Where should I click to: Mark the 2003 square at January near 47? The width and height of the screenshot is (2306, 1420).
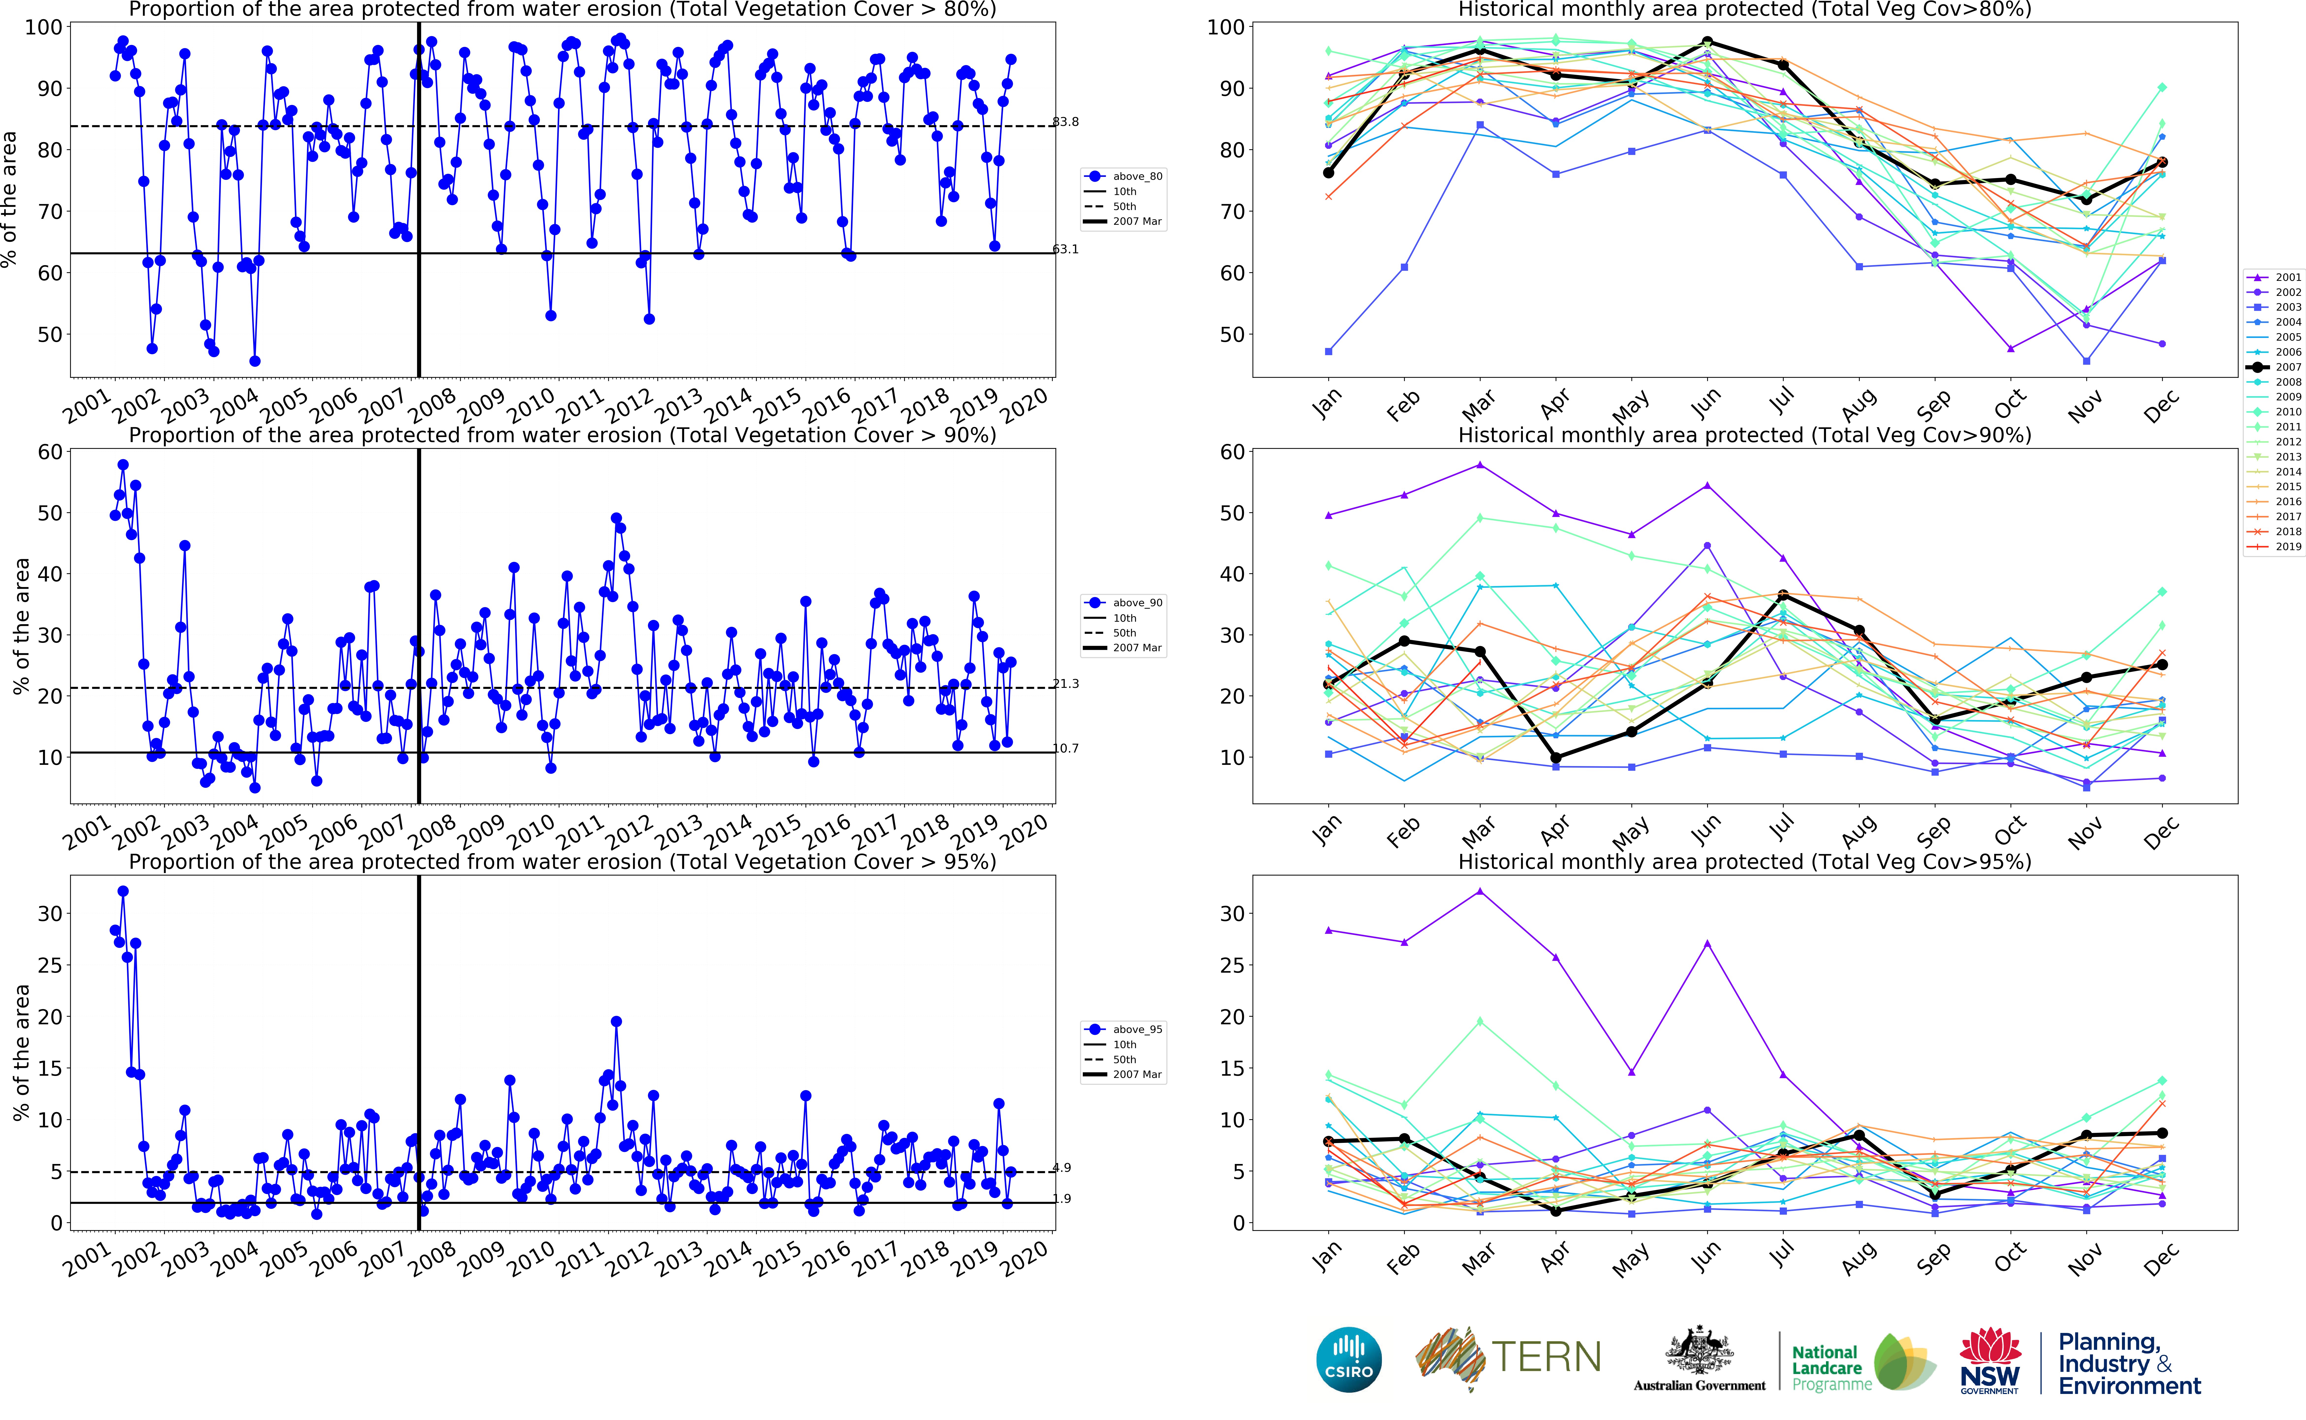(1328, 351)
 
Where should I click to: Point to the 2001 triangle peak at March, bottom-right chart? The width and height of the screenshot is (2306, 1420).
(1480, 891)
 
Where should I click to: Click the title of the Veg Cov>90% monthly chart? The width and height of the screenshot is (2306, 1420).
(1744, 435)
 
